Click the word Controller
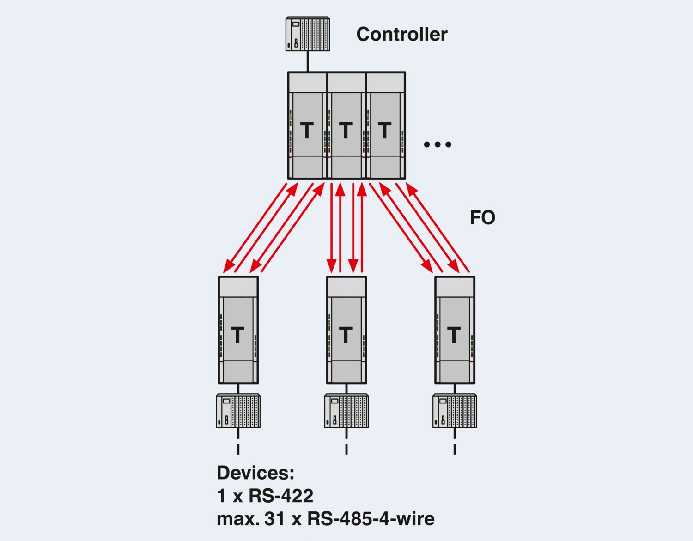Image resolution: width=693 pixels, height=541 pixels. point(401,35)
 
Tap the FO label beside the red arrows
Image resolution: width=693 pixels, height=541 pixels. point(482,217)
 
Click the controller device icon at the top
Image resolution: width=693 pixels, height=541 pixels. point(307,34)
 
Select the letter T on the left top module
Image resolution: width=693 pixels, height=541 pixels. point(307,131)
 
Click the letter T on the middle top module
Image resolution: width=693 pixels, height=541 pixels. point(346,131)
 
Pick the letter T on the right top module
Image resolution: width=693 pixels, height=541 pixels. point(385,131)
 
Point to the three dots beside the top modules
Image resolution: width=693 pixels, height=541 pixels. point(437,144)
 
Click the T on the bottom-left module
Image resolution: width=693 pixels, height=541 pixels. point(237,335)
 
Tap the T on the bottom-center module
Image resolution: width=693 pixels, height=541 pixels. point(346,335)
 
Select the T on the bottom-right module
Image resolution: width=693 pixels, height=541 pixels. point(454,335)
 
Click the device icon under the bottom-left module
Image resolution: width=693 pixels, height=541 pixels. point(238,411)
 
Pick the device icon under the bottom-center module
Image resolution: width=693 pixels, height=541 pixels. point(346,411)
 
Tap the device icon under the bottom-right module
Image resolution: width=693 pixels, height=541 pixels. point(455,411)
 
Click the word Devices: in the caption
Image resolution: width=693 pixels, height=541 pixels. point(255,473)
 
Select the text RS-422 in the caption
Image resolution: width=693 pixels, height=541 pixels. point(281,496)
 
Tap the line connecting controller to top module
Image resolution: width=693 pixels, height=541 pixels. point(307,61)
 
